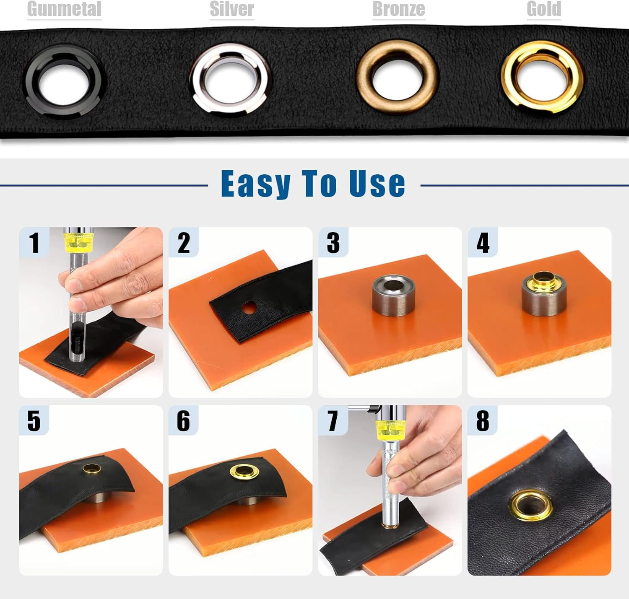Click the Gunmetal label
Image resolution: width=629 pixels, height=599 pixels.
64,9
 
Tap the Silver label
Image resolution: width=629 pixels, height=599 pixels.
231,9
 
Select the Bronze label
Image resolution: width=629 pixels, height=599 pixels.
398,9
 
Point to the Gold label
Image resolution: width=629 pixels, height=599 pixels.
543,9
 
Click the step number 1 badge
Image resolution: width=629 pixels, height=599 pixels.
34,243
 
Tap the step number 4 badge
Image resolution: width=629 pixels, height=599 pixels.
483,243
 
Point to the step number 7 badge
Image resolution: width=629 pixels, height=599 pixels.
333,420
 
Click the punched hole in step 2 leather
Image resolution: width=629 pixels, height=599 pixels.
249,308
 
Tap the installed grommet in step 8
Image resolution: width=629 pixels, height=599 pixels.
531,505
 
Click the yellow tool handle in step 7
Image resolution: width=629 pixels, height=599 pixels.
390,429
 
